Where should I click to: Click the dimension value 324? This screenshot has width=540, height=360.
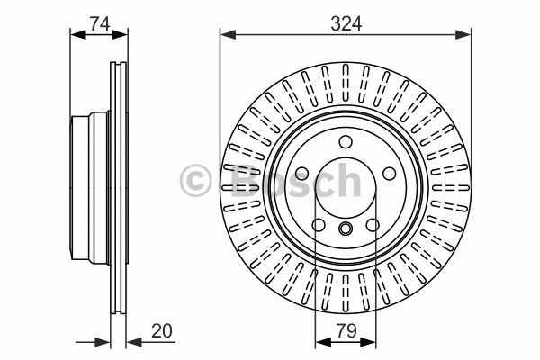coord(346,24)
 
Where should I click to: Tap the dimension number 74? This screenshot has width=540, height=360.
coord(100,24)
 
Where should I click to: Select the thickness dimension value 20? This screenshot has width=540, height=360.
coord(161,330)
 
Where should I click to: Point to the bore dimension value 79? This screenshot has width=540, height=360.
coord(346,330)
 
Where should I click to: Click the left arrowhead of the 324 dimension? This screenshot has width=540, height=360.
coord(228,34)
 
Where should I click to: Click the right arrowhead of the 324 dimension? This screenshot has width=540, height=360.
coord(463,34)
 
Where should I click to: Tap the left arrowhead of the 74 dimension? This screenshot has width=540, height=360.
coord(78,34)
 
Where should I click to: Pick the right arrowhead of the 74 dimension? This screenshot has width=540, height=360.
coord(120,34)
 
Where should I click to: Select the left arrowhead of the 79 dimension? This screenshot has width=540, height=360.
coord(323,342)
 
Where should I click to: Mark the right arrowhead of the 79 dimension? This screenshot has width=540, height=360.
coord(368,342)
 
